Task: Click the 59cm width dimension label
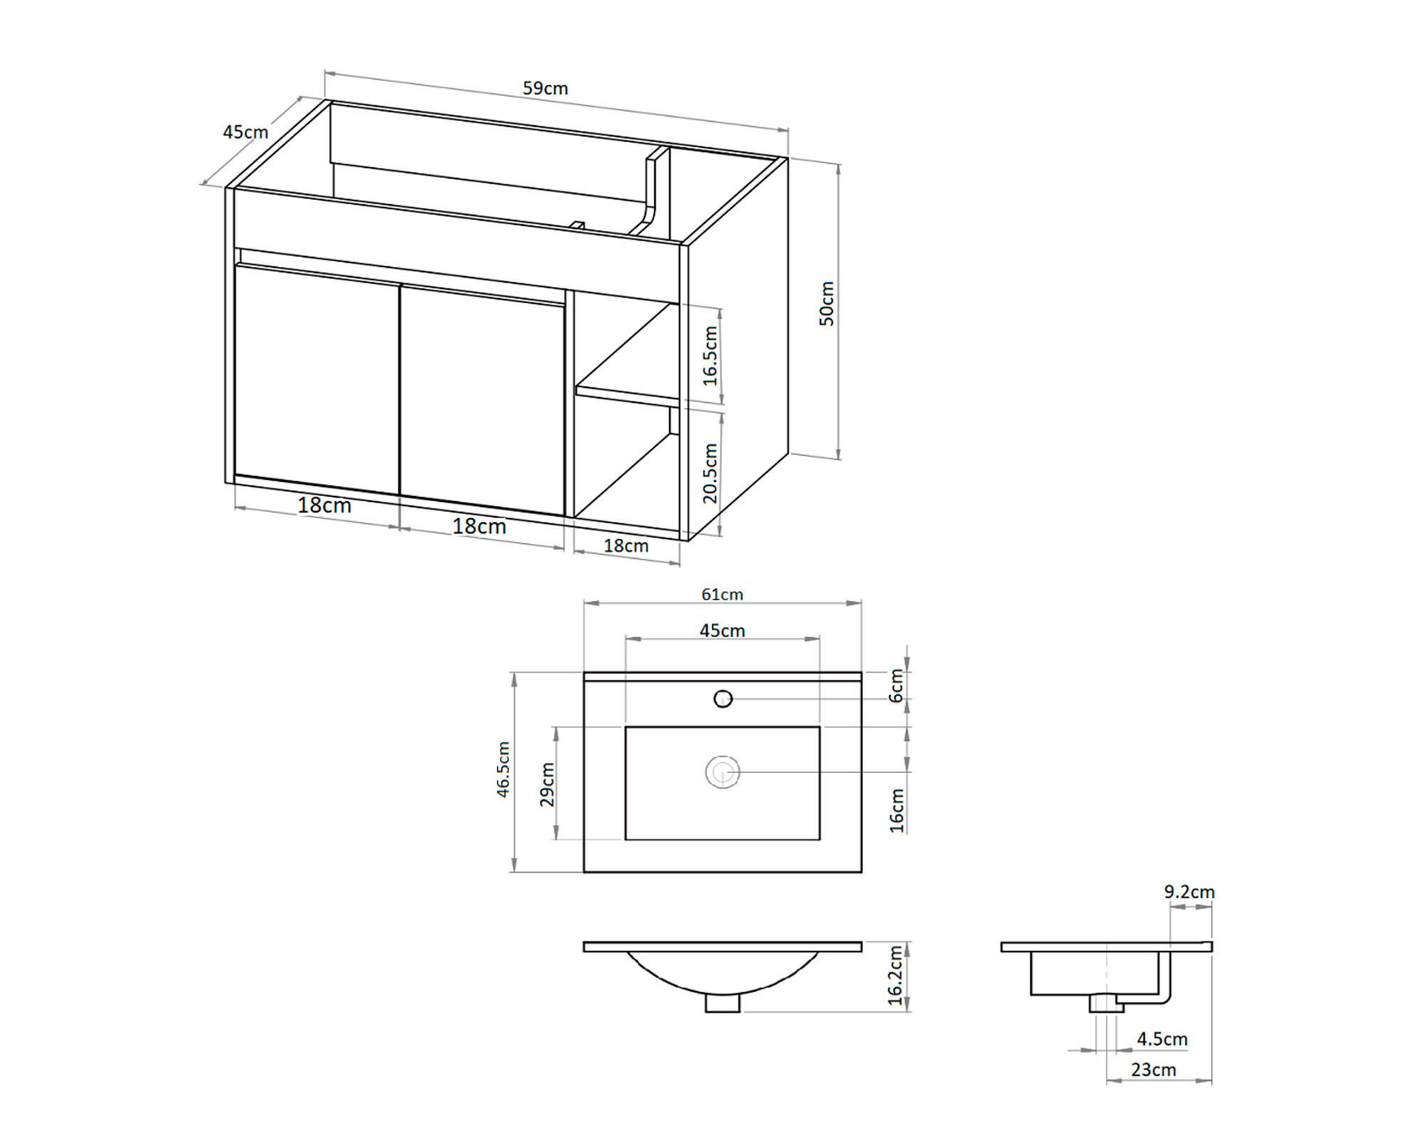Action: (x=545, y=88)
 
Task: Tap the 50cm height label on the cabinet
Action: (x=827, y=303)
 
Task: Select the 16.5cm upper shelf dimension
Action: (x=710, y=355)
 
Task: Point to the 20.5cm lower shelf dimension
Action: (x=710, y=473)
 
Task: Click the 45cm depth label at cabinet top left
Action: (x=245, y=132)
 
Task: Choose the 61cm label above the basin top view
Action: (x=722, y=594)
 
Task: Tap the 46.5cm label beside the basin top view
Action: (x=503, y=769)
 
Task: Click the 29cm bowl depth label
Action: (x=547, y=784)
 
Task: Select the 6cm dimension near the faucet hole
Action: (x=896, y=685)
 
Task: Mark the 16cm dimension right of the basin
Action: (x=896, y=810)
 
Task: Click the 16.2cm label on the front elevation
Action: (x=896, y=976)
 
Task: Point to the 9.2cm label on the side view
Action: (x=1189, y=891)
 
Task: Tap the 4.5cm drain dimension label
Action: (x=1162, y=1039)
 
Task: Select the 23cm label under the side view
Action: (x=1153, y=1069)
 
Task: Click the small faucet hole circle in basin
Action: (x=723, y=699)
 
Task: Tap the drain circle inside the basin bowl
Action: (x=723, y=772)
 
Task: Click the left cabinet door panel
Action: (x=317, y=377)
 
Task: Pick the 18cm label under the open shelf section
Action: (x=626, y=545)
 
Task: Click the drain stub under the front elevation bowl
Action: (x=723, y=1003)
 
